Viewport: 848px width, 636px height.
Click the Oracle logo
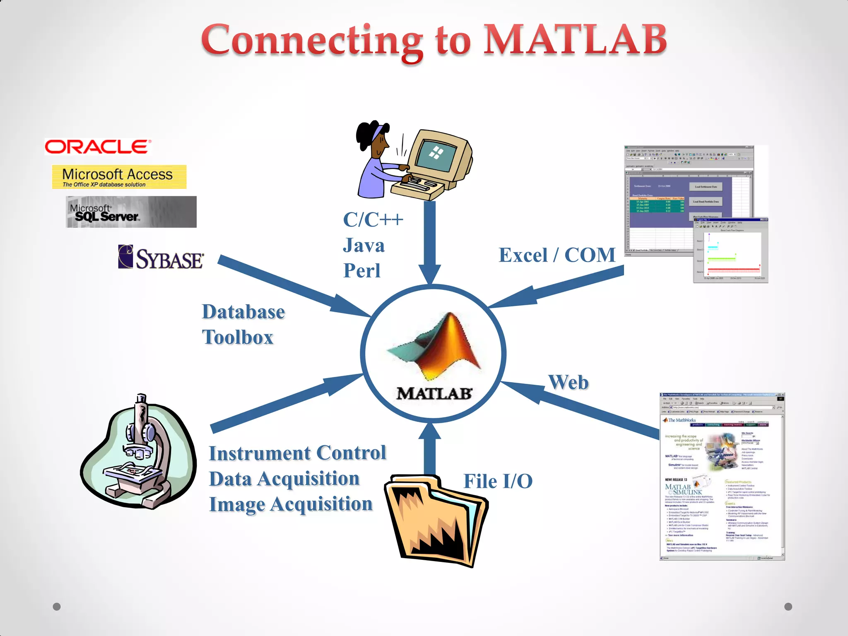98,147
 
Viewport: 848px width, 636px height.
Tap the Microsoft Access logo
119,177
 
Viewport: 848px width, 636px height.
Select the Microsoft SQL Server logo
131,212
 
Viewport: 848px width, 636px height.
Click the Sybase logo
161,258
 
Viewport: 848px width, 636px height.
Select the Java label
364,246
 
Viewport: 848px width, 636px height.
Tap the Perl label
361,271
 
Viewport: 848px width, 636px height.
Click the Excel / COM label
557,255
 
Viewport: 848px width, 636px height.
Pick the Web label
568,382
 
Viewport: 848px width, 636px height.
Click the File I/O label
498,481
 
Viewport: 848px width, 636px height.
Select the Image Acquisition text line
291,504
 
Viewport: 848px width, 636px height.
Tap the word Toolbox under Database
238,337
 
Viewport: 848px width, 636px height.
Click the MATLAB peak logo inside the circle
435,346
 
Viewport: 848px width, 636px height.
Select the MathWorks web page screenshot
722,476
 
